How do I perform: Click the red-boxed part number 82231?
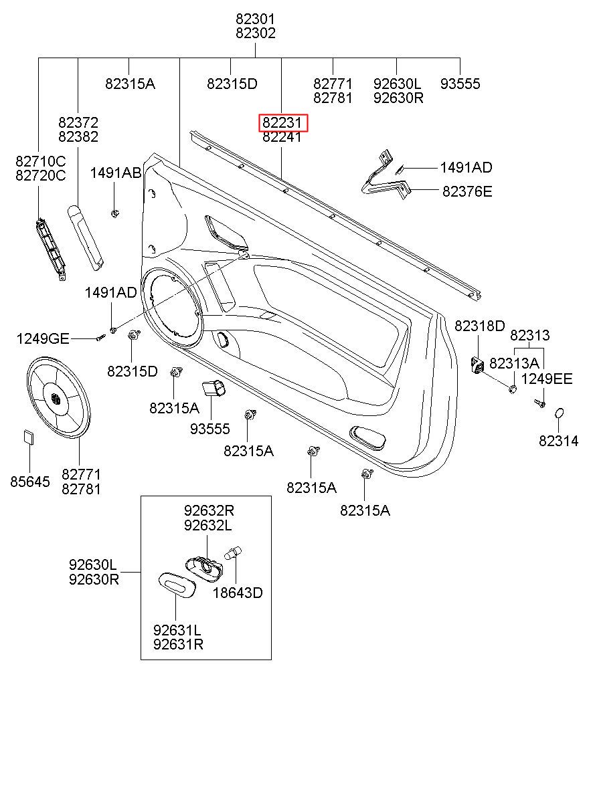(284, 123)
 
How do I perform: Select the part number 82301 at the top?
(256, 19)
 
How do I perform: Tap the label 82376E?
(467, 192)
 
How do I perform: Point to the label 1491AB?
(115, 173)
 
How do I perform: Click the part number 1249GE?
(43, 339)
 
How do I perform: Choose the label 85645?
(30, 482)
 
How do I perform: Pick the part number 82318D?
(479, 326)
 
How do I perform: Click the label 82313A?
(514, 363)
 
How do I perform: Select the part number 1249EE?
(547, 379)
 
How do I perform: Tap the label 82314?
(559, 441)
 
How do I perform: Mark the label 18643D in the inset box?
(238, 593)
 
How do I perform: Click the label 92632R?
(209, 510)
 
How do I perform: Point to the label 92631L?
(178, 630)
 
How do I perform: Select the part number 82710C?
(41, 161)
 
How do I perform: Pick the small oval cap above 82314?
(560, 415)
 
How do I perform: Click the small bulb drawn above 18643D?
(234, 553)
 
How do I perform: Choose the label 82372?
(78, 122)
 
